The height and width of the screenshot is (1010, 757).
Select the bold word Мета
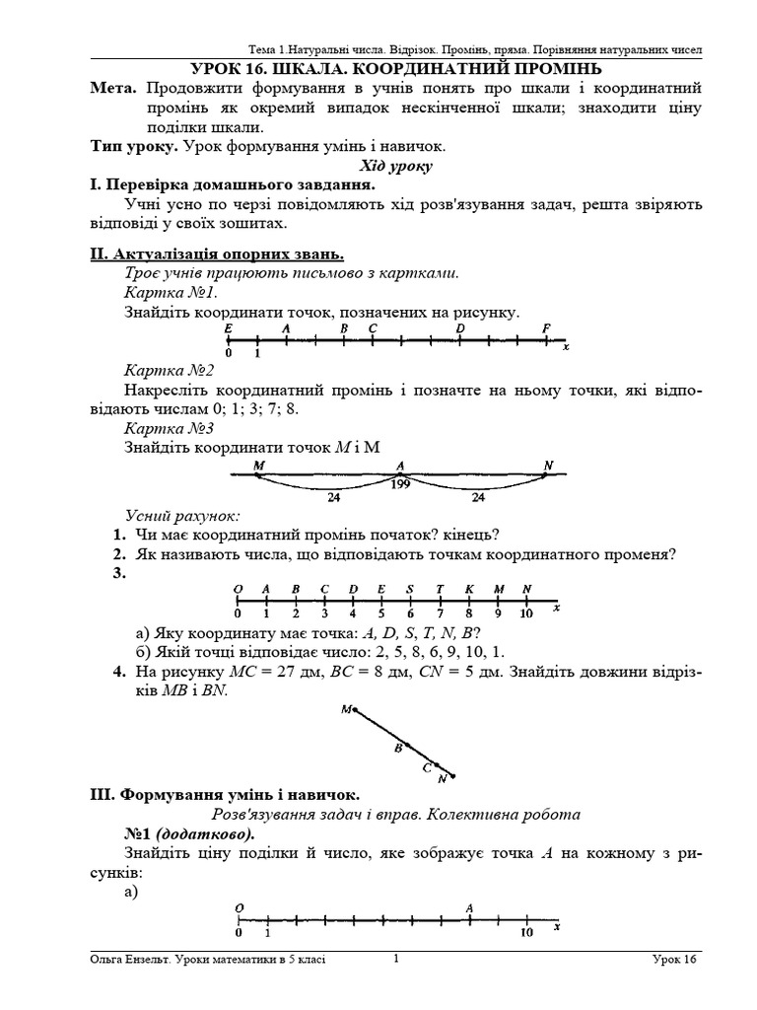112,89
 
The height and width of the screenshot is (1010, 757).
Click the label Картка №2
169,371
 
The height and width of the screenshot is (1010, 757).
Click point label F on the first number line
546,328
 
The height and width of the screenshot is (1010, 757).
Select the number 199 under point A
400,483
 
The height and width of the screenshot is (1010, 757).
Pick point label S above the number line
410,590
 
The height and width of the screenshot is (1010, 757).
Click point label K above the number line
469,590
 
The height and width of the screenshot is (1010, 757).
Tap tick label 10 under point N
526,613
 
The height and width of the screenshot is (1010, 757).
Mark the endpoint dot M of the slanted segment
355,707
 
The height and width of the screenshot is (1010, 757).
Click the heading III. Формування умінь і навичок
224,795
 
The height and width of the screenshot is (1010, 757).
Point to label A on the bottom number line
469,908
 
